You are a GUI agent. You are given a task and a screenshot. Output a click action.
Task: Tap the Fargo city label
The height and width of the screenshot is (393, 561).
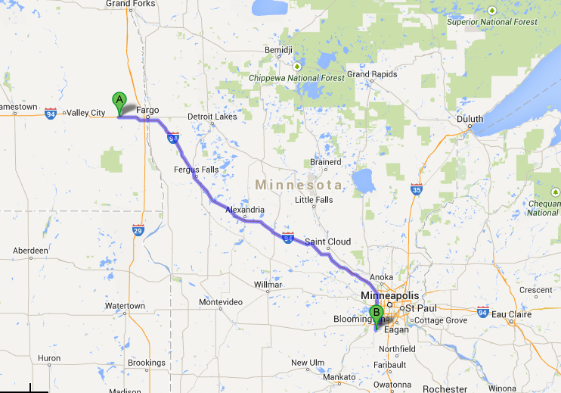pos(147,110)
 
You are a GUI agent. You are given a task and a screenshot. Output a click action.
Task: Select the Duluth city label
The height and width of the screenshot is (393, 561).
pos(470,119)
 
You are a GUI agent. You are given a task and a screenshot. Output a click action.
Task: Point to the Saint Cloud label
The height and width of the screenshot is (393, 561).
pos(327,242)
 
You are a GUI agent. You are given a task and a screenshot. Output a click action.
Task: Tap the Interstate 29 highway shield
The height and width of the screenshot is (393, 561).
pos(138,229)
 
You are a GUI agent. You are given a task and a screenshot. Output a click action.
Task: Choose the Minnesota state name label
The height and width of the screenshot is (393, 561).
pos(299,185)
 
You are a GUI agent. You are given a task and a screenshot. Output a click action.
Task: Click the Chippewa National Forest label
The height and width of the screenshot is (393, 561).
pos(296,77)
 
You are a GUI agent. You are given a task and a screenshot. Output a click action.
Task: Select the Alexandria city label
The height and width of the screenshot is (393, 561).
pos(245,210)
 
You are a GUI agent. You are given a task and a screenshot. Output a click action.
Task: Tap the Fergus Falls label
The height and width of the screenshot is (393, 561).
pos(196,170)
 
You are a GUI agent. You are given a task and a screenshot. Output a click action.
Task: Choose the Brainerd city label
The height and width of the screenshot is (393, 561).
pos(326,162)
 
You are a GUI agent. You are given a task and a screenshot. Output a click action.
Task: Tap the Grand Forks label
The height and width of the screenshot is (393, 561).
pos(130,4)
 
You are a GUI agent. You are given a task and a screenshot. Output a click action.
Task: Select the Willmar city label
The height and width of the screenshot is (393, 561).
pos(268,285)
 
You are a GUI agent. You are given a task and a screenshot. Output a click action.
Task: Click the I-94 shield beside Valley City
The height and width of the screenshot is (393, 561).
pos(51,114)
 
